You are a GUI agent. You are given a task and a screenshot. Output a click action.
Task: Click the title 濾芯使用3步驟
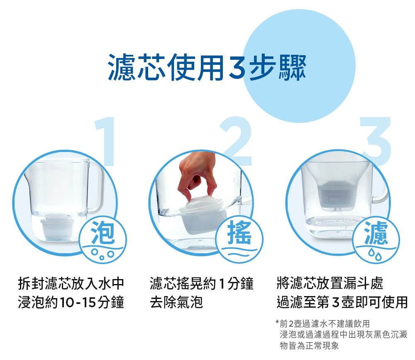coord(207,67)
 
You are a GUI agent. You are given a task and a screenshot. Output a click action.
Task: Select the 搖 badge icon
coord(239,235)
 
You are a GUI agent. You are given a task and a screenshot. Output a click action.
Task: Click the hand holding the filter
coord(196,174)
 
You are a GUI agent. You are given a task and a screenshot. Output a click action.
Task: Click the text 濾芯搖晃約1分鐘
coord(202,284)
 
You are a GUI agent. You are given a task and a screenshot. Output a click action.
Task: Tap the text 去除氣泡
coord(176,302)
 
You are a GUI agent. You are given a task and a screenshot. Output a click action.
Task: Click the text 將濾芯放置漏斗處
coord(330,284)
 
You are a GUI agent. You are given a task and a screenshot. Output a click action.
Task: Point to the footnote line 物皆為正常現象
coord(309,345)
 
